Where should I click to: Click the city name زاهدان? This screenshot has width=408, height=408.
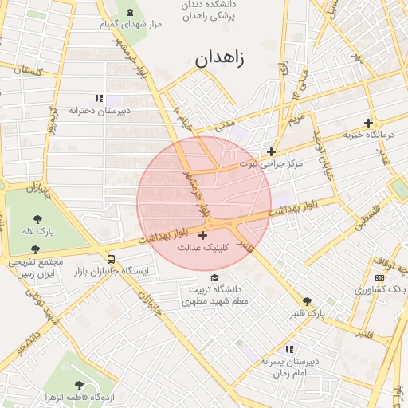coord(218,58)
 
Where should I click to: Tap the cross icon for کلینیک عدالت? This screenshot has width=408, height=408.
coord(202,235)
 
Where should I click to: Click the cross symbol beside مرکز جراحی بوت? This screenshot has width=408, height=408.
coord(272,151)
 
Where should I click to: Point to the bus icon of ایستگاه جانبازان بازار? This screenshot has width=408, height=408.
coord(111,259)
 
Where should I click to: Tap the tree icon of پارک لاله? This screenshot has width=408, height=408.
coord(37,218)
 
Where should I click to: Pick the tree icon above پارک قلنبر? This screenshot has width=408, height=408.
coord(307,301)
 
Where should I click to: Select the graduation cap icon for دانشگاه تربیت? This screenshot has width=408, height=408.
coord(217,277)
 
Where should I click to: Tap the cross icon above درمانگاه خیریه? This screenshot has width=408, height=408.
coord(368,123)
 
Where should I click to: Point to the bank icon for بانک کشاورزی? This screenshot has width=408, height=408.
coord(379,277)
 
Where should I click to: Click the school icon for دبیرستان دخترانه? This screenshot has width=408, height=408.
coord(99,98)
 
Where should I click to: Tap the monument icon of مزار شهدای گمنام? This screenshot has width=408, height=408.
coord(130,12)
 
